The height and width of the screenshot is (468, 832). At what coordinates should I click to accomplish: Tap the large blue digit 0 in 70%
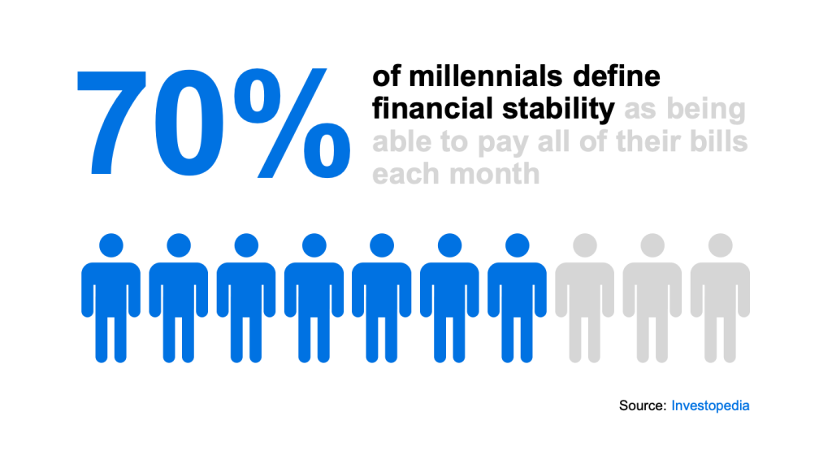pos(188,123)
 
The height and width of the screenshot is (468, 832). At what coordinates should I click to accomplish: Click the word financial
pos(432,108)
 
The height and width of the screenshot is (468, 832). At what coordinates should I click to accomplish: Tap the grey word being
pos(706,110)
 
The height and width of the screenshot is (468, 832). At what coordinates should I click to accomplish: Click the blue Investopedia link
pos(710,406)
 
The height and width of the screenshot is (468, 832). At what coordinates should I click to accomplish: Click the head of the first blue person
pos(110,245)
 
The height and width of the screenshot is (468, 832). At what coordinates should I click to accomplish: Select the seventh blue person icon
pos(517,298)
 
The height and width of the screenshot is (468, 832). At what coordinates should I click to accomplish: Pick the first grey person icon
pos(585,298)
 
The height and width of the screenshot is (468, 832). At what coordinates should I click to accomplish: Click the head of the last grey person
pos(720,245)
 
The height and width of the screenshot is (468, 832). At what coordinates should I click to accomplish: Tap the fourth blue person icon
pos(314,298)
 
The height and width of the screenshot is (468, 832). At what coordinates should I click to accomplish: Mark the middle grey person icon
pos(652,298)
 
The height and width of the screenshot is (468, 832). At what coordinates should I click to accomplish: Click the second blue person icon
pos(178,298)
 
